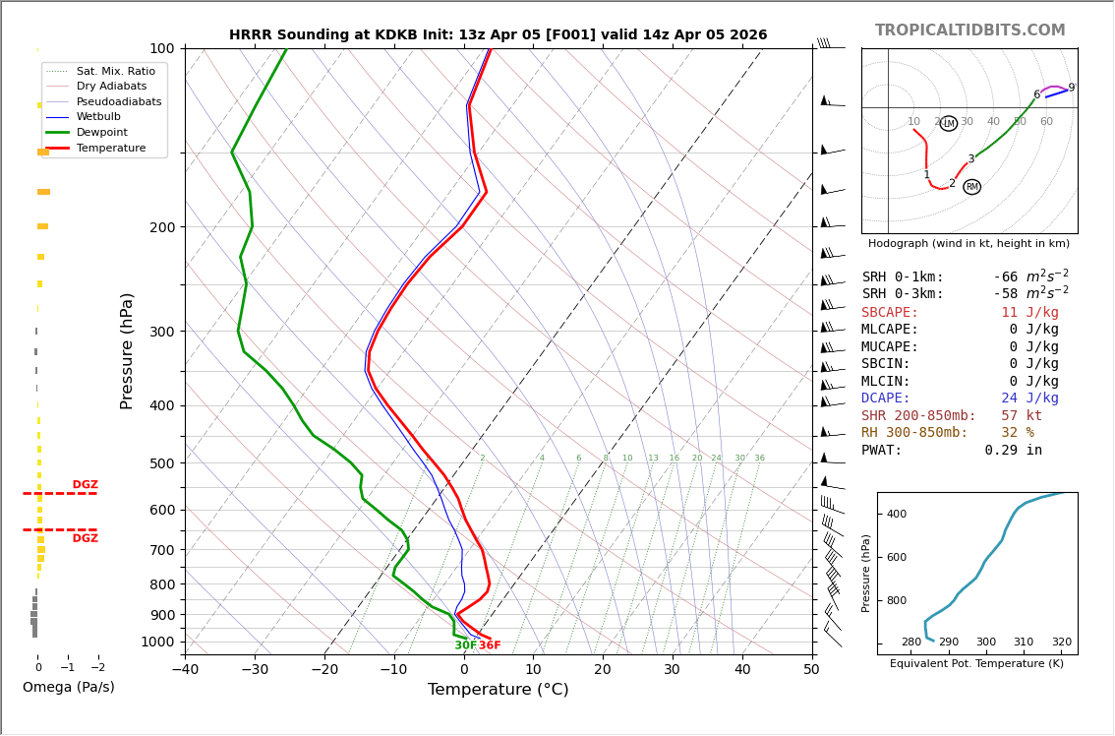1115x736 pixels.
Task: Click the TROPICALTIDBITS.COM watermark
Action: click(x=969, y=31)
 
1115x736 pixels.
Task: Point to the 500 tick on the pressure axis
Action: click(x=161, y=463)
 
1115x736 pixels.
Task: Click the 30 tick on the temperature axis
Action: click(x=672, y=670)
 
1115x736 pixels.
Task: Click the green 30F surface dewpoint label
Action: click(x=465, y=645)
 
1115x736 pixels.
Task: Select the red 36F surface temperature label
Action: click(x=490, y=645)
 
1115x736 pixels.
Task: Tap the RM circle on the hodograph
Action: click(x=971, y=187)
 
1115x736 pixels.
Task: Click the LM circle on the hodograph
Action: click(x=948, y=124)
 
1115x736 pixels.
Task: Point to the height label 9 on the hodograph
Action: click(x=1071, y=88)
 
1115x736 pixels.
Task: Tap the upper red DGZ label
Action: click(x=85, y=485)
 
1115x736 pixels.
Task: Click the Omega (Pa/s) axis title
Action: click(x=69, y=688)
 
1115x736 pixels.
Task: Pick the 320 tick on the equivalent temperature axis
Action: click(x=1061, y=643)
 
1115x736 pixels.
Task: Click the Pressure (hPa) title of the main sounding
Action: click(x=127, y=350)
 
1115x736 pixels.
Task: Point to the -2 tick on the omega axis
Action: click(x=97, y=667)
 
